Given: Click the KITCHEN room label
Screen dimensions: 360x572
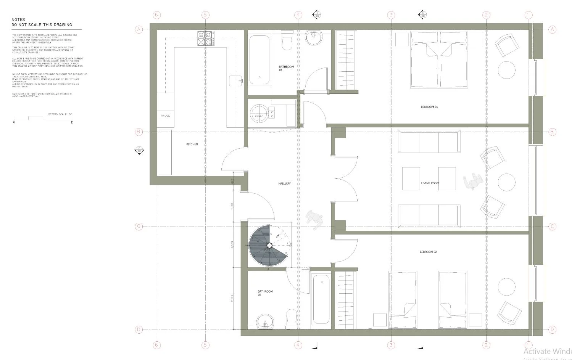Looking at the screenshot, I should tap(192, 144).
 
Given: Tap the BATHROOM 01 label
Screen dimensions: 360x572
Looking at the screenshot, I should tap(286, 68).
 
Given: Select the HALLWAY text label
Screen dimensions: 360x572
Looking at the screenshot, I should tap(284, 183).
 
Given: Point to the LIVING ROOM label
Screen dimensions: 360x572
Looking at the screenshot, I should tap(430, 183).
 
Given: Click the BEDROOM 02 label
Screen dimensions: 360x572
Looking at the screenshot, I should tap(428, 252).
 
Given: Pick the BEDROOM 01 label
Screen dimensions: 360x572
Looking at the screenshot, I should tap(429, 107).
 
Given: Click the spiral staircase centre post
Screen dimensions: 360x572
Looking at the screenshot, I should tap(269, 245).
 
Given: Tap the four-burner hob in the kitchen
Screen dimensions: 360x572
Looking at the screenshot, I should tap(206, 39).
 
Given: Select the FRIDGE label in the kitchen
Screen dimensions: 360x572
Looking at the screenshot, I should tap(165, 116).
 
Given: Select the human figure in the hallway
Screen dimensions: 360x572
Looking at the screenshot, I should tap(314, 220).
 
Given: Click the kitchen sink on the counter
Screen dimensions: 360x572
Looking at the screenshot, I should tap(236, 80).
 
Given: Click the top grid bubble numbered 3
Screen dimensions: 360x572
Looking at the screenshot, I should tap(391, 15).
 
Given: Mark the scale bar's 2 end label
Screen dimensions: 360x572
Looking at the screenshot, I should tap(72, 122).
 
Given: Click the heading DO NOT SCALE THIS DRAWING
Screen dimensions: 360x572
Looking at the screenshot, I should tap(42, 25).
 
